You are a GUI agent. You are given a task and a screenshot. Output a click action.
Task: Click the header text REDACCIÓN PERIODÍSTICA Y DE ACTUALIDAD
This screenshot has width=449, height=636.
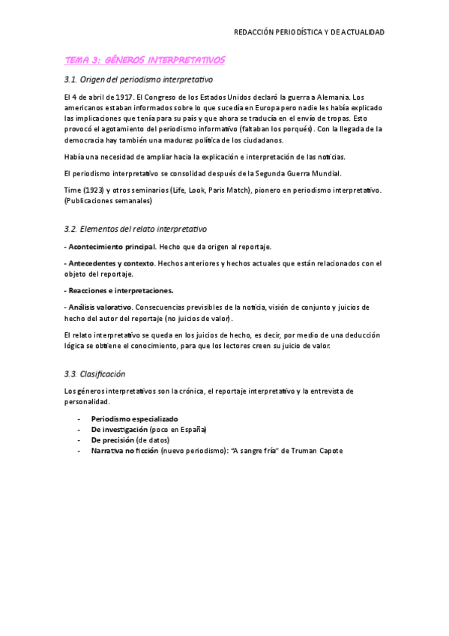[310, 32]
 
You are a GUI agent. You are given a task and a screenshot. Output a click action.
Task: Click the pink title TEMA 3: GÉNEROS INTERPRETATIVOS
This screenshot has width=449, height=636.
[145, 59]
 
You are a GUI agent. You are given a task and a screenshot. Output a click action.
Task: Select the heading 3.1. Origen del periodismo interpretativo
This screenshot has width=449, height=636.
[139, 79]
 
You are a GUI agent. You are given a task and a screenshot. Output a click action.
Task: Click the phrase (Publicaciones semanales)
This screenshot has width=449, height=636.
[109, 201]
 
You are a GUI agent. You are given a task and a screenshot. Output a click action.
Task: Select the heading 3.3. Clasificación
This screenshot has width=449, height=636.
[94, 373]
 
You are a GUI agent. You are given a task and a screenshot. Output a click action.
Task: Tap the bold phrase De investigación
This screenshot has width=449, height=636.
[118, 430]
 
